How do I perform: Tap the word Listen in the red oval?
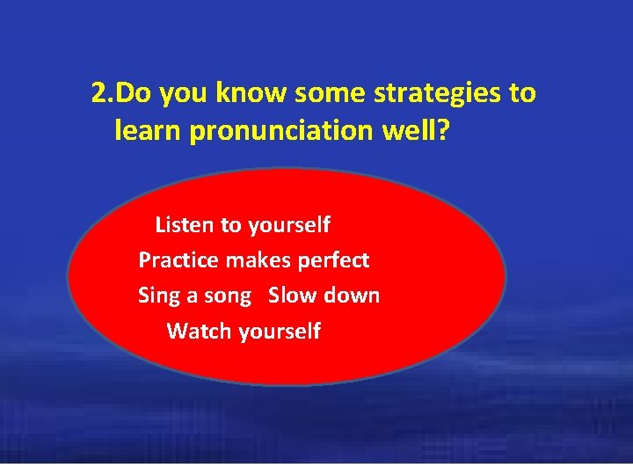pyautogui.click(x=185, y=225)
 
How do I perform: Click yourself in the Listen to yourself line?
pyautogui.click(x=289, y=225)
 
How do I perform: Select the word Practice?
pyautogui.click(x=178, y=260)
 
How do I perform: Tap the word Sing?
pyautogui.click(x=159, y=296)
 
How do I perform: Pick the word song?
pyautogui.click(x=228, y=296)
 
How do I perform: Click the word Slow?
pyautogui.click(x=290, y=296)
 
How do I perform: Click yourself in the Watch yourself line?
pyautogui.click(x=280, y=332)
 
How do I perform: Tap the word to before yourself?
pyautogui.click(x=231, y=225)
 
